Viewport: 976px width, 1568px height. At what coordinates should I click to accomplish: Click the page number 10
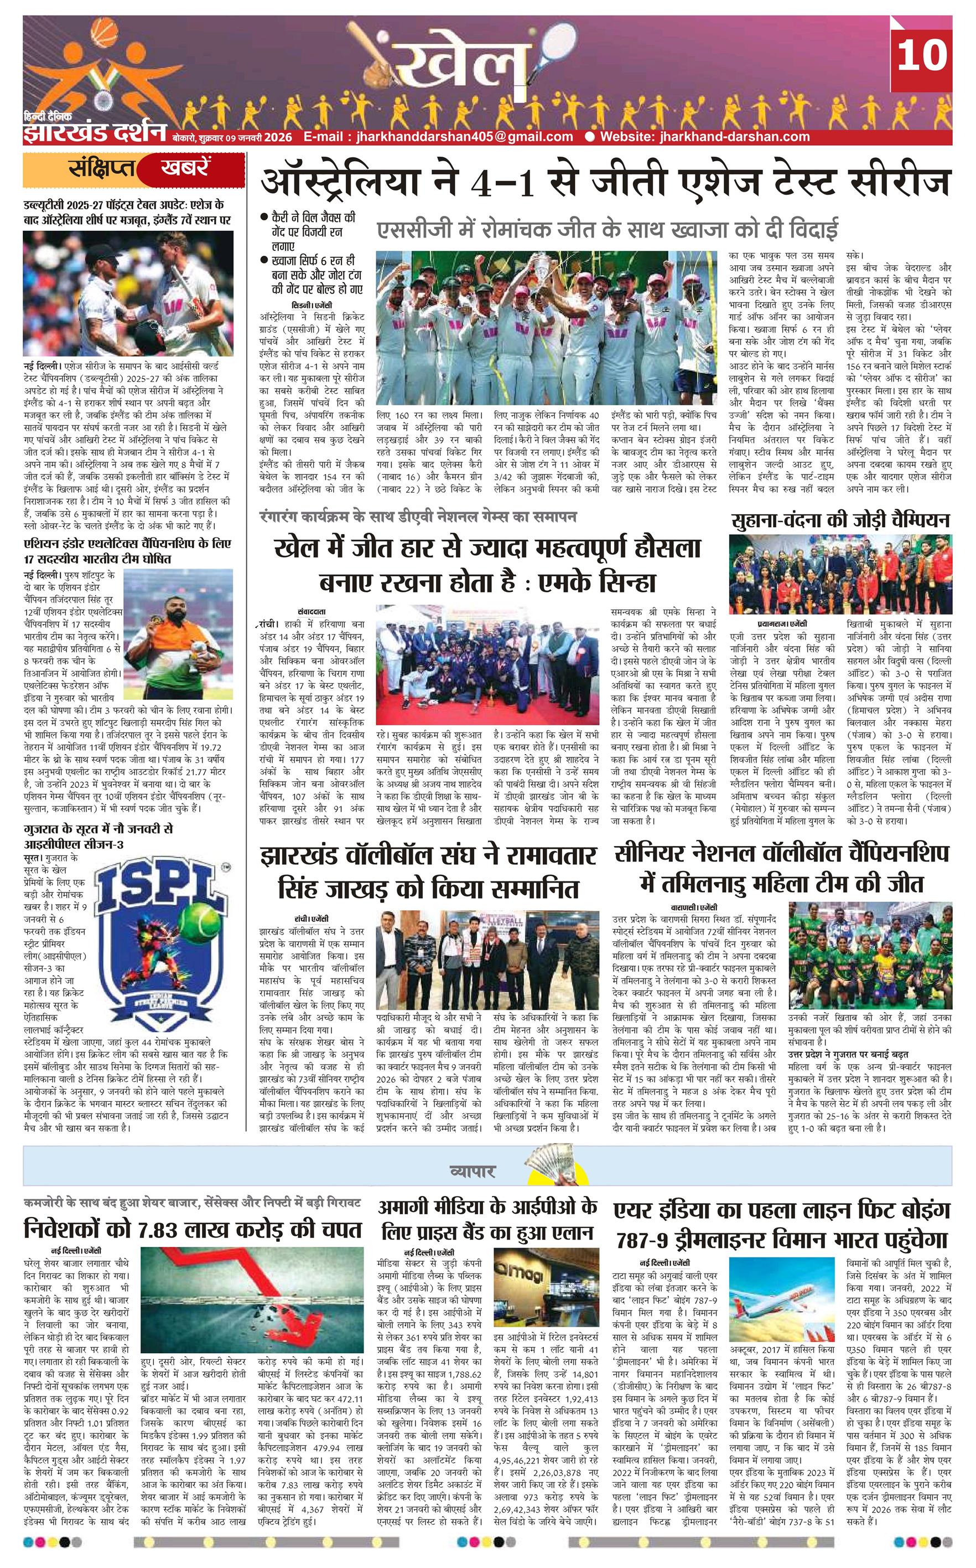921,56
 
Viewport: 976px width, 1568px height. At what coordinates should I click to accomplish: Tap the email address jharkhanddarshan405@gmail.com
438,136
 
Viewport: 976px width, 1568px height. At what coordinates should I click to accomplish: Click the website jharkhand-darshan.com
704,136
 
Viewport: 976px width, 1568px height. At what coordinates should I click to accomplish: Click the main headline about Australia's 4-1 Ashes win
605,183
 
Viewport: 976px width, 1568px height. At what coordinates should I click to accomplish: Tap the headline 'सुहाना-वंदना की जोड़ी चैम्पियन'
841,520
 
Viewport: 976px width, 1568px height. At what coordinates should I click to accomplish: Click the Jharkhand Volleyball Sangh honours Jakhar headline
428,870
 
